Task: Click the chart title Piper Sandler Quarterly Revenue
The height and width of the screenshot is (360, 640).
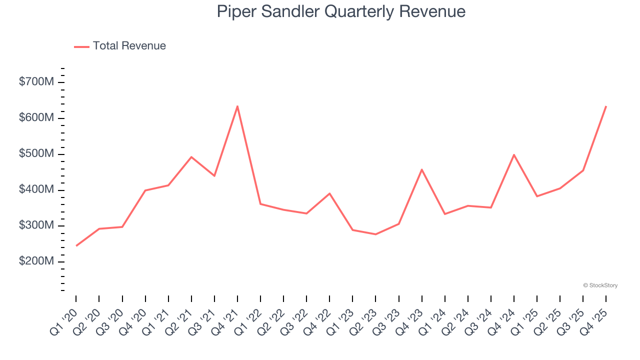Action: [341, 11]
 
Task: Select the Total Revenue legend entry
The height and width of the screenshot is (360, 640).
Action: [120, 46]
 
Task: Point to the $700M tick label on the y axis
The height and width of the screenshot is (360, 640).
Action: [36, 82]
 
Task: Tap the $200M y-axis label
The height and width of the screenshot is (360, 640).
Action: [36, 261]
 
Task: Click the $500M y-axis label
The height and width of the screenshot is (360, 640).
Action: [36, 154]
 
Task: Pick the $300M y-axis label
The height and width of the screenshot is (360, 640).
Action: [36, 225]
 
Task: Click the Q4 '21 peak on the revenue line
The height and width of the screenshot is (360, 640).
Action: [237, 106]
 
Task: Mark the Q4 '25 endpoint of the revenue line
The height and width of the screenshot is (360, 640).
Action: [606, 106]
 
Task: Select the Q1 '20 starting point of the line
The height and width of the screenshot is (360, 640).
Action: [76, 245]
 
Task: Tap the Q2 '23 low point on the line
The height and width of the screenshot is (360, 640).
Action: [375, 234]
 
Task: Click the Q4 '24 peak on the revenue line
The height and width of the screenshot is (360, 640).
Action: [514, 154]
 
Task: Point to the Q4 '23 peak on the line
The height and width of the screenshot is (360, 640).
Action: [421, 169]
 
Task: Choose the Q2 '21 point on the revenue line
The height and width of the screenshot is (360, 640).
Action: [191, 157]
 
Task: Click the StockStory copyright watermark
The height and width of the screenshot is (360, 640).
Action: [600, 285]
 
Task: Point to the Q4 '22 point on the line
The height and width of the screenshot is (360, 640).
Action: [329, 193]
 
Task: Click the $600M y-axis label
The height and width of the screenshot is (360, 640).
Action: [36, 118]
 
